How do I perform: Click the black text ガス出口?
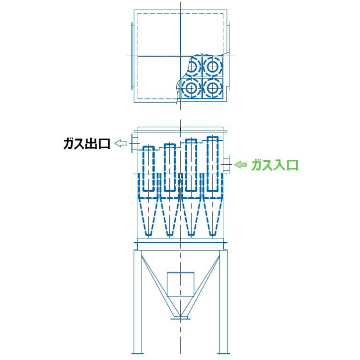pos(87,144)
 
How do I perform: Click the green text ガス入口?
pos(275,165)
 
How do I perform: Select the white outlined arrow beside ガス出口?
pos(121,144)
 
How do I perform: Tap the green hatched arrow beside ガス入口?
pos(240,164)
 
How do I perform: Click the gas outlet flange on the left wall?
pos(132,143)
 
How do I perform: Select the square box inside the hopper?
pos(180,284)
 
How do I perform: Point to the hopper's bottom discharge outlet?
pos(180,318)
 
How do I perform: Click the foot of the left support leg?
pos(138,353)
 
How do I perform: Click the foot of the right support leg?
pos(223,353)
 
